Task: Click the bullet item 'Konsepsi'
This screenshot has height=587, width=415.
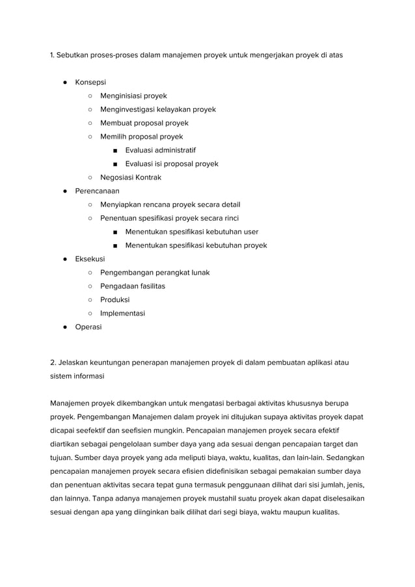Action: pyautogui.click(x=90, y=83)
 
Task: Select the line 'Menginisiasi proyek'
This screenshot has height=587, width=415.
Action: pyautogui.click(x=133, y=96)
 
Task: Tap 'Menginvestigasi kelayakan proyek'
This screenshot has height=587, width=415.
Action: pyautogui.click(x=157, y=109)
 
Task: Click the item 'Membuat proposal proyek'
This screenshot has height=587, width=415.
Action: pyautogui.click(x=144, y=123)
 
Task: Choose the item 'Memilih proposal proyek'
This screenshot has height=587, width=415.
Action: pyautogui.click(x=141, y=137)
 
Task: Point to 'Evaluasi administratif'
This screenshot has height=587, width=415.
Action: pyautogui.click(x=160, y=150)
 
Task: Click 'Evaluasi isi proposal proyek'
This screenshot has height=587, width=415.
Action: pyautogui.click(x=171, y=164)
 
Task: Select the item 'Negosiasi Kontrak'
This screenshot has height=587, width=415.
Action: pyautogui.click(x=130, y=178)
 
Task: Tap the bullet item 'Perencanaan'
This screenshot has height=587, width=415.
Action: pyautogui.click(x=97, y=191)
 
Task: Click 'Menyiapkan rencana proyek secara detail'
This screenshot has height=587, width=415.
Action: pyautogui.click(x=170, y=204)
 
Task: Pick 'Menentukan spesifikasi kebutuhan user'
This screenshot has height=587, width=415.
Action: pyautogui.click(x=191, y=232)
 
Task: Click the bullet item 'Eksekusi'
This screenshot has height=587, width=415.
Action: pyautogui.click(x=90, y=259)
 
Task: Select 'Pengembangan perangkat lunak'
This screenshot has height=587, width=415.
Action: pyautogui.click(x=155, y=273)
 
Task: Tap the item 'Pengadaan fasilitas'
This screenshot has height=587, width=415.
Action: pyautogui.click(x=132, y=286)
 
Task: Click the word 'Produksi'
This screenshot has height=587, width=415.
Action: pyautogui.click(x=114, y=300)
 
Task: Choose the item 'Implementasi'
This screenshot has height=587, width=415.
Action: pyautogui.click(x=122, y=313)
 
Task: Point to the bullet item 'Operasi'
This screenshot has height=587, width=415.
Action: pyautogui.click(x=88, y=327)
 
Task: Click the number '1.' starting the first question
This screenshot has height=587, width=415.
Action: pyautogui.click(x=53, y=55)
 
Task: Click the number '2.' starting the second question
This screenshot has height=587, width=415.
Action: pyautogui.click(x=54, y=362)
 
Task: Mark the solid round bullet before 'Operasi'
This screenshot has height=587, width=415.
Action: pyautogui.click(x=66, y=327)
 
